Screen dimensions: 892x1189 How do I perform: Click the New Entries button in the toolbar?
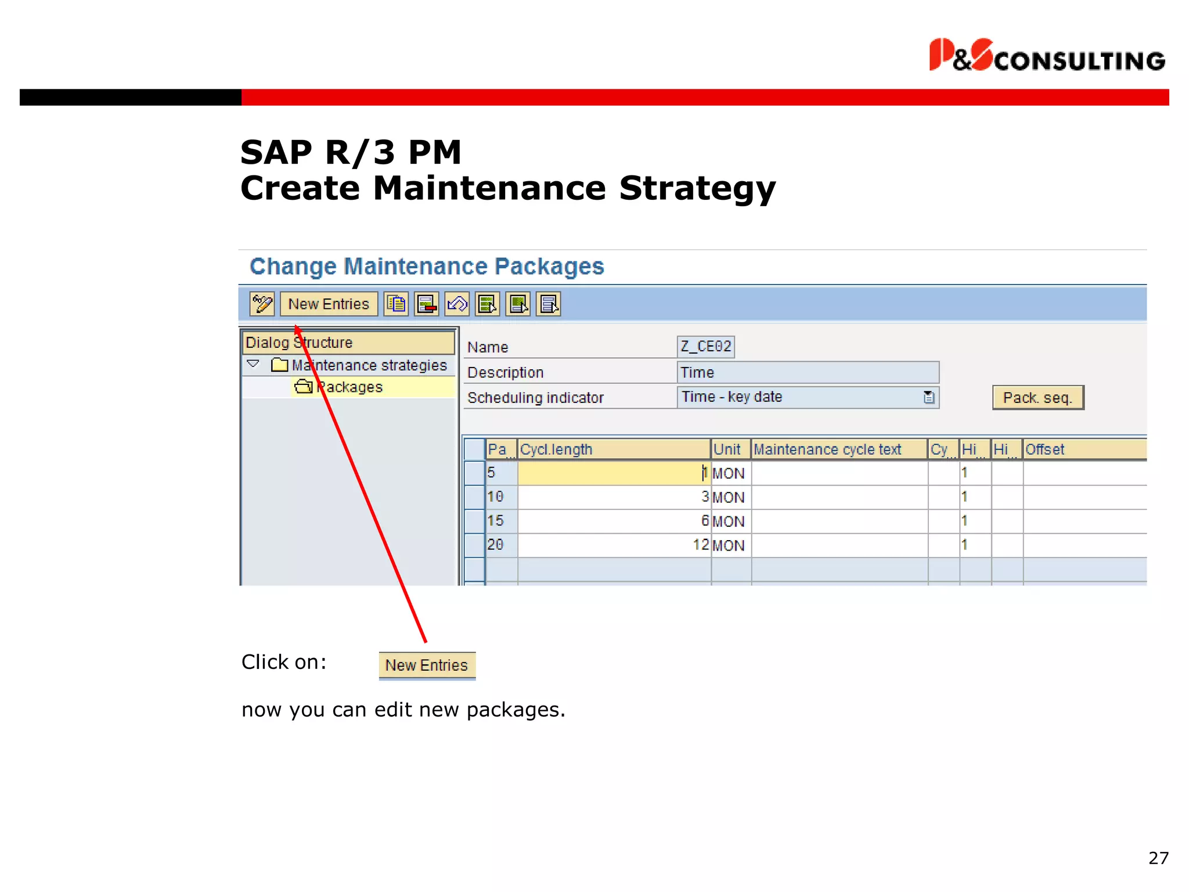click(329, 304)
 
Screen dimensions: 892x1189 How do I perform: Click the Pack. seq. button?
click(1037, 398)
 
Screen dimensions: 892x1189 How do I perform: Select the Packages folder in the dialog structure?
click(350, 387)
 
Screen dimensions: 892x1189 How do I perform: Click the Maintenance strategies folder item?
click(369, 365)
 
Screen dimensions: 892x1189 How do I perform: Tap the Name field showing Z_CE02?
click(705, 347)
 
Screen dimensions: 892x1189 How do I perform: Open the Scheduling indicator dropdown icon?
click(929, 397)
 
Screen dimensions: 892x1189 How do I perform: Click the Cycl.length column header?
click(613, 449)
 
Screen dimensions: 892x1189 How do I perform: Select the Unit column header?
click(730, 449)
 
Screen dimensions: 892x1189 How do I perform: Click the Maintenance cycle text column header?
click(838, 449)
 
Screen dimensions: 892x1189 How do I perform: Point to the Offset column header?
click(1083, 449)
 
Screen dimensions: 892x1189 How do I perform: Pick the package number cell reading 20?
click(500, 545)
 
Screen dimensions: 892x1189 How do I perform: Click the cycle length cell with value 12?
click(614, 545)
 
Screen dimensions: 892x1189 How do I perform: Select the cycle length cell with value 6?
click(614, 521)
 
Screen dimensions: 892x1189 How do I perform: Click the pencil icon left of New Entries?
click(262, 304)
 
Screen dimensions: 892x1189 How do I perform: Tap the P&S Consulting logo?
click(1047, 56)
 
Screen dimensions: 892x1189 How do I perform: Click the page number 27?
click(1158, 858)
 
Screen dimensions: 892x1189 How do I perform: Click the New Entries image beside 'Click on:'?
click(427, 665)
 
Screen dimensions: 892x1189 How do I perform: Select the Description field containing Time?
click(808, 372)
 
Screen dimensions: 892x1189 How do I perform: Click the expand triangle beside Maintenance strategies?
click(253, 364)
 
